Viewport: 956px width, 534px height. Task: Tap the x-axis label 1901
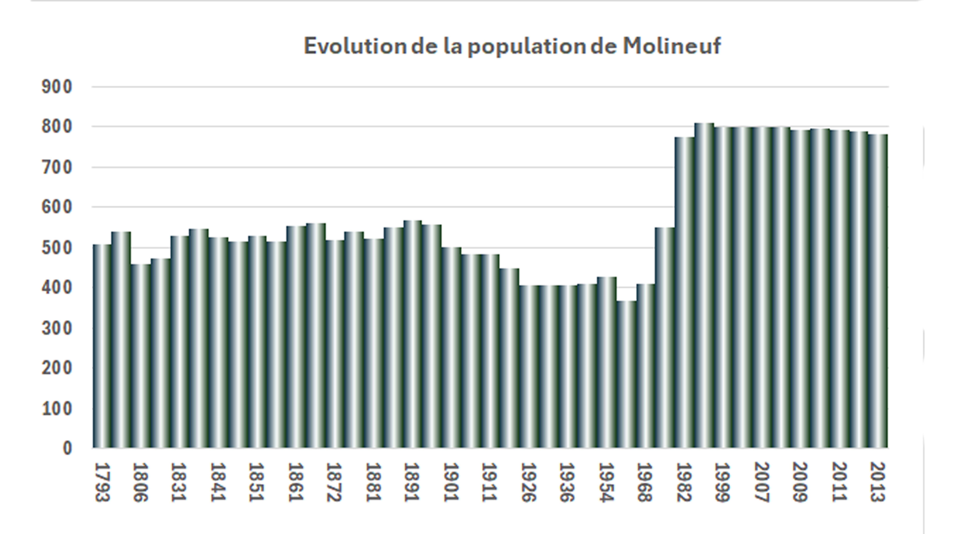point(451,482)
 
